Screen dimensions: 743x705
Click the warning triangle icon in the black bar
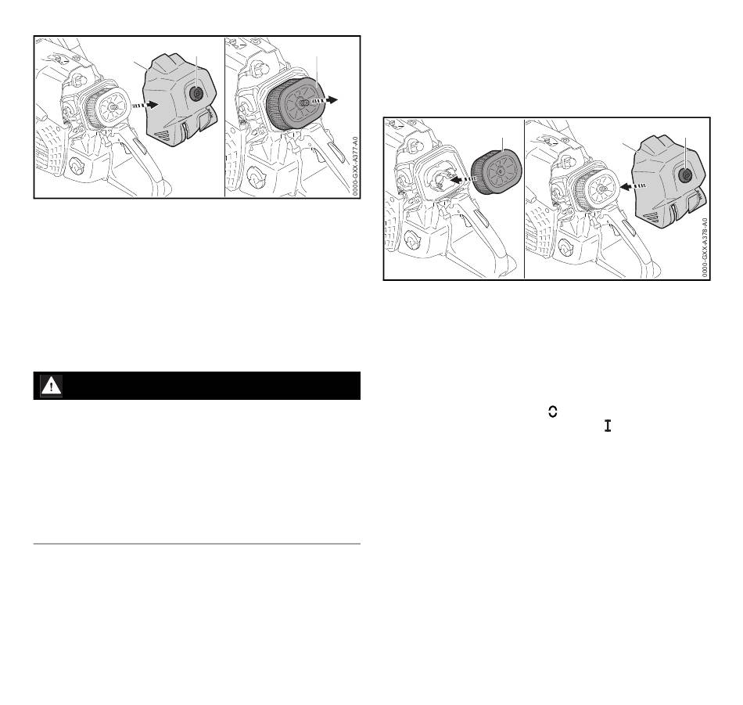point(51,386)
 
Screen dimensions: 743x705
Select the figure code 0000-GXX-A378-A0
point(705,248)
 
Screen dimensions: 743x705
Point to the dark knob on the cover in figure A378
point(685,175)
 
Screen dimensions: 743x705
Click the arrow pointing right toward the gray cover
point(145,104)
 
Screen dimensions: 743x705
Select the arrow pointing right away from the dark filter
point(325,100)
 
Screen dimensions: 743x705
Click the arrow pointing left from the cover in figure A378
point(634,186)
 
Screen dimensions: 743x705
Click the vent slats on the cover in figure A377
point(163,136)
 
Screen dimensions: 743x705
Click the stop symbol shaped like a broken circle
point(552,412)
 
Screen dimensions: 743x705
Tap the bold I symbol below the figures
point(608,426)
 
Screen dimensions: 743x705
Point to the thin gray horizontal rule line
point(197,544)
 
